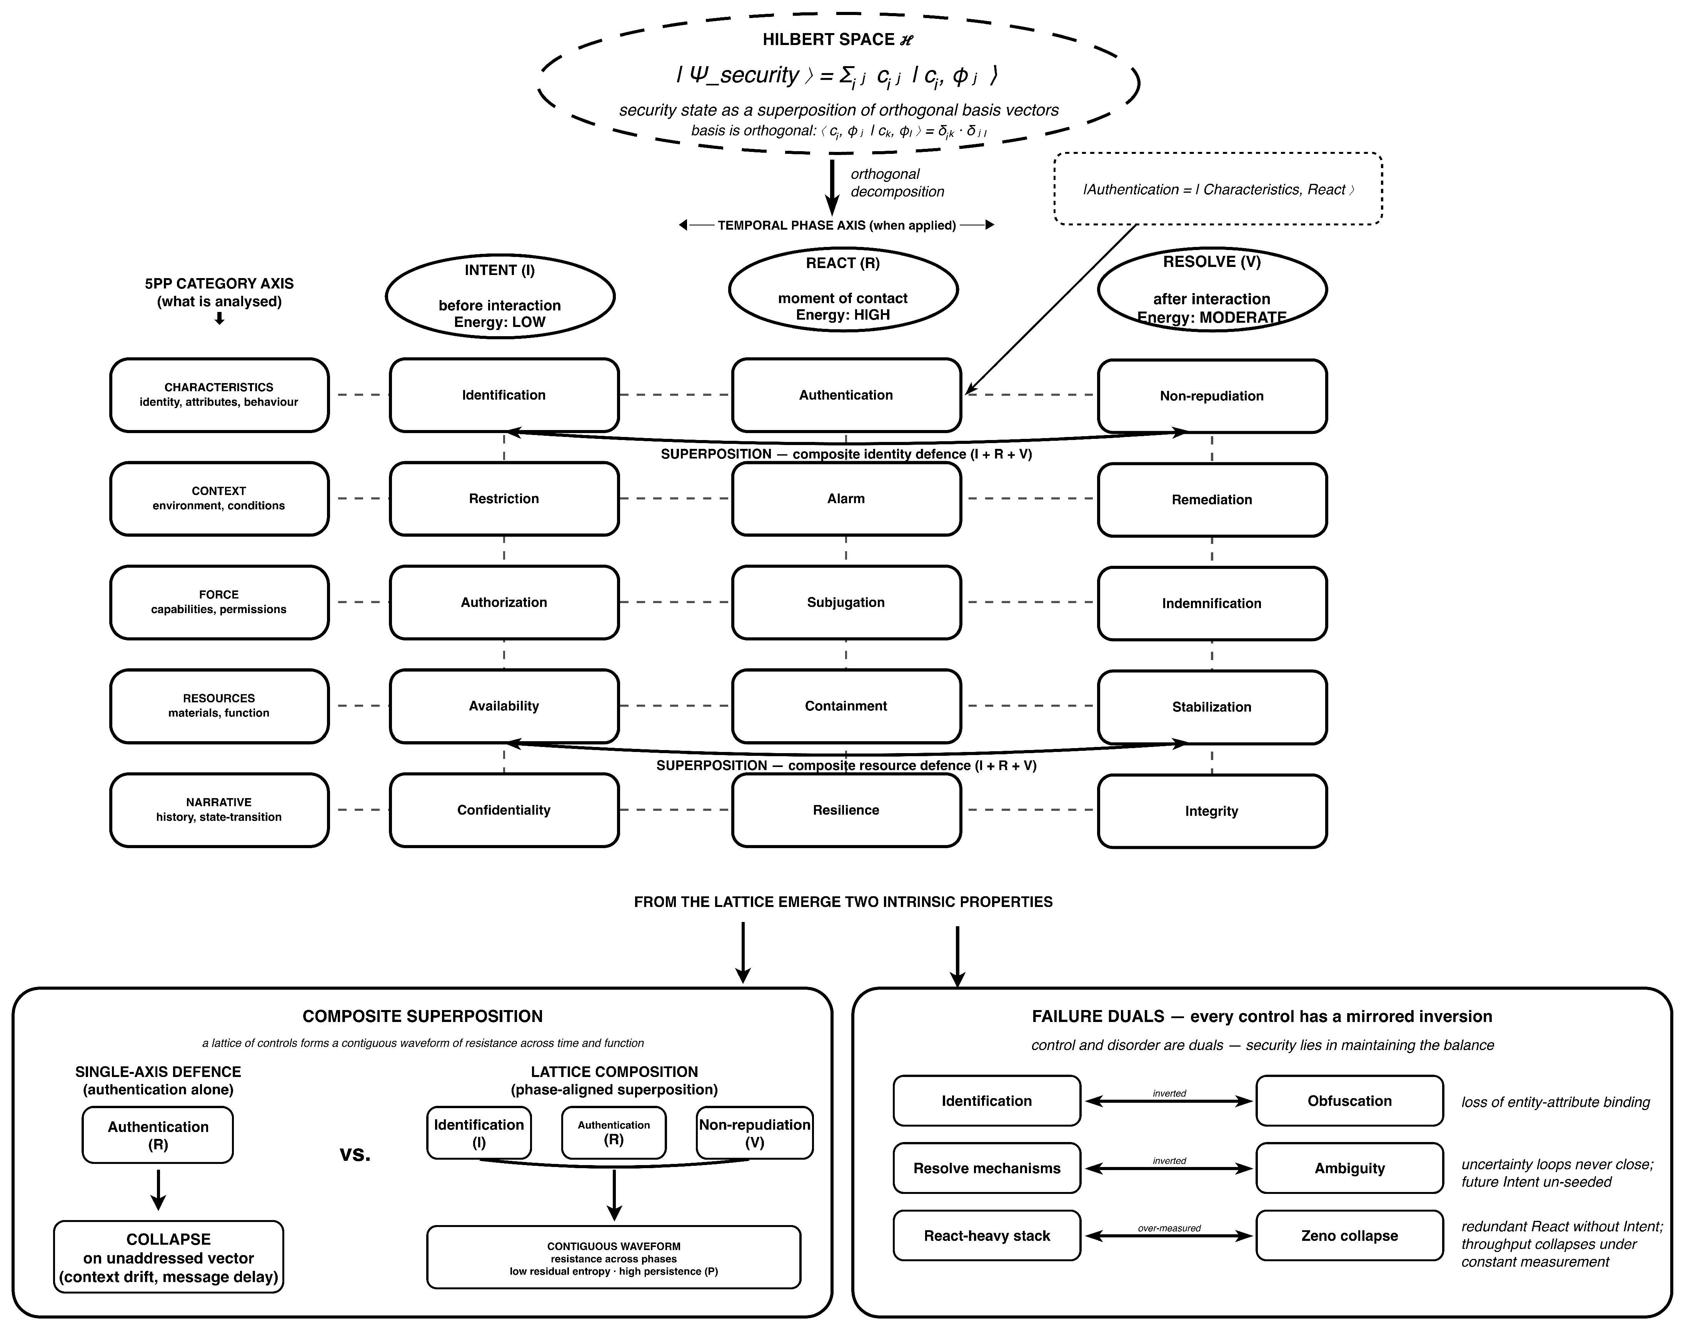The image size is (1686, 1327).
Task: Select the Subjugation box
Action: (846, 602)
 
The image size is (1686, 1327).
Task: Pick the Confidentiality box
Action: (504, 810)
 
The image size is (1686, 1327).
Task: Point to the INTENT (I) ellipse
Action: (500, 296)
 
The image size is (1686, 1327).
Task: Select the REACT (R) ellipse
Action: (843, 289)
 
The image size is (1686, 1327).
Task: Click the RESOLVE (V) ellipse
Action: (1212, 289)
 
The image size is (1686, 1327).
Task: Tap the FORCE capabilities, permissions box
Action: (219, 602)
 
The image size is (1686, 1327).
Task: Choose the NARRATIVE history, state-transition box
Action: (219, 810)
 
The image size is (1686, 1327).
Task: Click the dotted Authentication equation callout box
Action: (1218, 189)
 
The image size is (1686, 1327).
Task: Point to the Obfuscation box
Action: (1349, 1101)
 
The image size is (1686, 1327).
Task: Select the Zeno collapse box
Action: (1349, 1235)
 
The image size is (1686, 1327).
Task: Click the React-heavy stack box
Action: (987, 1235)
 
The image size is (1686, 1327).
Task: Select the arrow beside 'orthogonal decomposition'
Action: (832, 187)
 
